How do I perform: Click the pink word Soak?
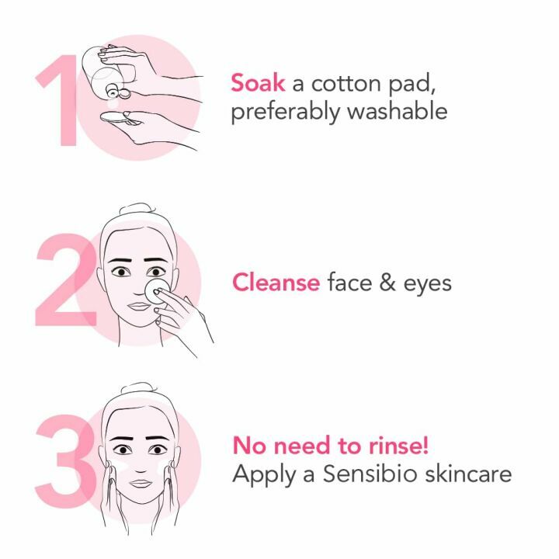point(257,82)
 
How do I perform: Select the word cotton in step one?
point(359,82)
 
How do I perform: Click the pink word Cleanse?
point(276,282)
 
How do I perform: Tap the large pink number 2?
point(66,279)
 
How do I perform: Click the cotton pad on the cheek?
point(157,293)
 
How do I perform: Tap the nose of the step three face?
point(139,465)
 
